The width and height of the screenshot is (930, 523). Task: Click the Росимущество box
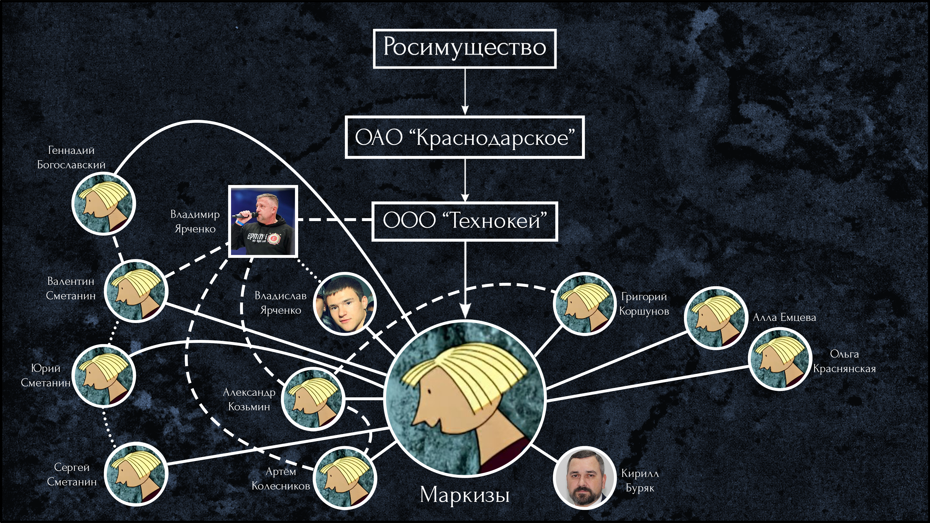pyautogui.click(x=465, y=49)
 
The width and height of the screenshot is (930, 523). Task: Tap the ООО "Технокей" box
pyautogui.click(x=465, y=221)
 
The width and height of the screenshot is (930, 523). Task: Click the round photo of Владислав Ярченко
pyautogui.click(x=345, y=304)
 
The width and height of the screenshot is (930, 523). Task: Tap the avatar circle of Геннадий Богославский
pyautogui.click(x=104, y=204)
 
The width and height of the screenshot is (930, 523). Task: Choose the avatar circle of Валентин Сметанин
pyautogui.click(x=136, y=291)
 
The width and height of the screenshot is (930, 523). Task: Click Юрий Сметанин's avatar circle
pyautogui.click(x=104, y=376)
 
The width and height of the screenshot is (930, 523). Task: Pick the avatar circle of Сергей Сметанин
pyautogui.click(x=136, y=474)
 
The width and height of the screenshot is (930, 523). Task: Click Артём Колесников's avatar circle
pyautogui.click(x=345, y=478)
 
